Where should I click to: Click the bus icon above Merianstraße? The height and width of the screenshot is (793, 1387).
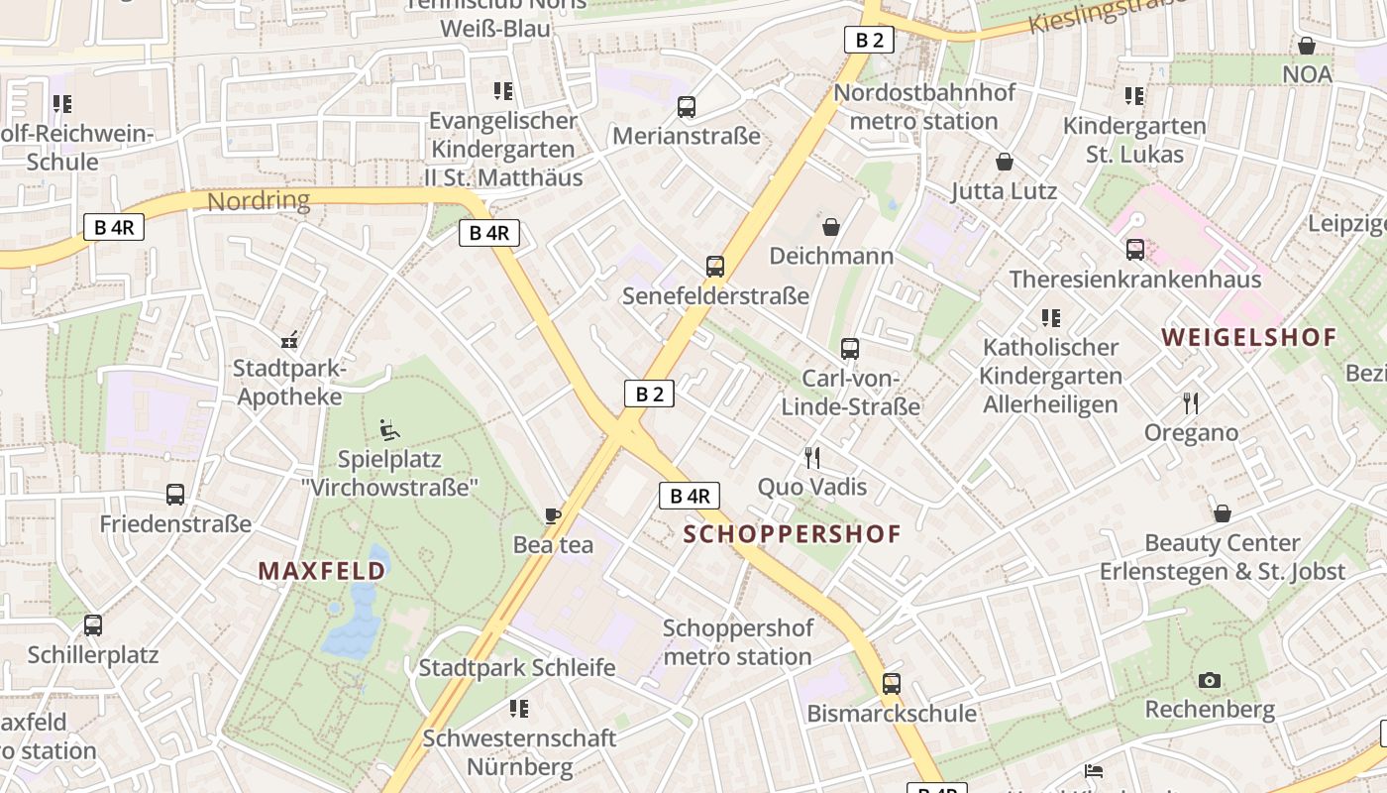tap(686, 107)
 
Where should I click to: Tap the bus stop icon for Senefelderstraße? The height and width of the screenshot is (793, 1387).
tap(714, 267)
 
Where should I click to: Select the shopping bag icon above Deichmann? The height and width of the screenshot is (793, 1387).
tap(830, 227)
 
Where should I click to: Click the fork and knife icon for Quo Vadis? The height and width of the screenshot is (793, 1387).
tap(812, 458)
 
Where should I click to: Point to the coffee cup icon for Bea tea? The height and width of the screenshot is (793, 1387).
tap(553, 515)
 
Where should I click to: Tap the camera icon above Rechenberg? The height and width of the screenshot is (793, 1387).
tap(1209, 680)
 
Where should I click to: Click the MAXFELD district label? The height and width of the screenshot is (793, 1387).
tap(322, 571)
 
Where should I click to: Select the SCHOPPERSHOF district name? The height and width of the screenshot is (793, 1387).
tap(793, 534)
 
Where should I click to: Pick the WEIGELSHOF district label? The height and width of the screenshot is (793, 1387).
tap(1249, 337)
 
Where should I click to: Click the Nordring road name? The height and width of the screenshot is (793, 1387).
tap(259, 201)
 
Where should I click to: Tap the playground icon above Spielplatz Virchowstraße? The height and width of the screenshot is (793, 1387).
tap(389, 430)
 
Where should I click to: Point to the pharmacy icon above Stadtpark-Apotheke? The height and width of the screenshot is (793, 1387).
tap(289, 341)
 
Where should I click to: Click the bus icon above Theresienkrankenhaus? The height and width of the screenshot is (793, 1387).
tap(1134, 250)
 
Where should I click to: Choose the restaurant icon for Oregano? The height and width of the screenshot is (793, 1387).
tap(1191, 403)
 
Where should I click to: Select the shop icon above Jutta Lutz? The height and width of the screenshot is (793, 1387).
tap(1005, 162)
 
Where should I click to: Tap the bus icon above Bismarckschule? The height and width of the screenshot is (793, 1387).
tap(891, 684)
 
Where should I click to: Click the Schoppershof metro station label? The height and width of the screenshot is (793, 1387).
tap(738, 642)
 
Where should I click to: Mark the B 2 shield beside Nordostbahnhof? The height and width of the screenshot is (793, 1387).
tap(869, 40)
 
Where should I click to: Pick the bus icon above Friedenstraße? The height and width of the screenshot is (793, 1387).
tap(175, 495)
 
